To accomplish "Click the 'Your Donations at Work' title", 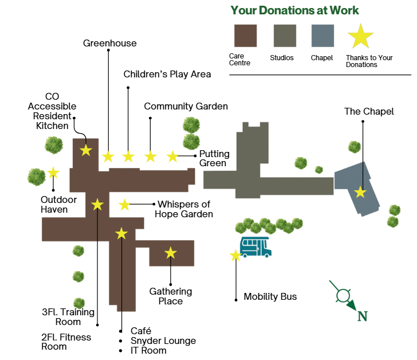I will click(295, 10).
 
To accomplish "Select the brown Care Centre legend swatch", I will click(246, 36).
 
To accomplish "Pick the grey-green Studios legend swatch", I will click(285, 36).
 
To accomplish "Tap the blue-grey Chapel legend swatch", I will click(322, 36).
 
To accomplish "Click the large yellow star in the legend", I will click(361, 37).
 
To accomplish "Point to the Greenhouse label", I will click(110, 43).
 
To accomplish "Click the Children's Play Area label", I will click(167, 74).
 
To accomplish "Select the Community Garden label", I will click(186, 106).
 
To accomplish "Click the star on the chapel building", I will click(360, 192).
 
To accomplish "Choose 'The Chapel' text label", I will click(369, 111).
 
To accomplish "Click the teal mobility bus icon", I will click(255, 246).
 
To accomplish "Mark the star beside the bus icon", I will click(235, 256).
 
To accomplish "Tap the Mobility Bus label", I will click(270, 296).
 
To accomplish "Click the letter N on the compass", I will click(362, 316).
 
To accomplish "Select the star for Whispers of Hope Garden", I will click(124, 204).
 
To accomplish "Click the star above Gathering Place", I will click(170, 252).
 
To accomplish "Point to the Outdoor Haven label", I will click(54, 204).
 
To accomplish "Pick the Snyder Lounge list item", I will click(163, 341).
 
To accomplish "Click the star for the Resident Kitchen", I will click(86, 150).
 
